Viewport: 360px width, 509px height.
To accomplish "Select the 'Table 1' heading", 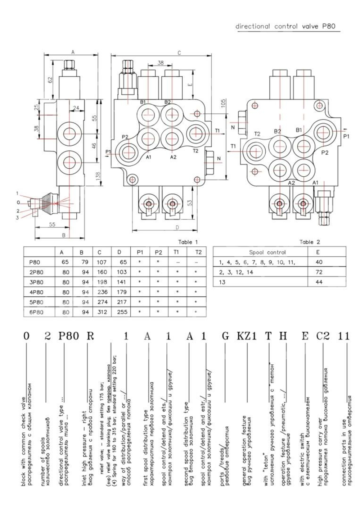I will pyautogui.click(x=188, y=242).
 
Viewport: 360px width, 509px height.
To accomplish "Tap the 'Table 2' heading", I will pyautogui.click(x=309, y=242).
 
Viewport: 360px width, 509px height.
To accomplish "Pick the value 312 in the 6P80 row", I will pyautogui.click(x=102, y=312).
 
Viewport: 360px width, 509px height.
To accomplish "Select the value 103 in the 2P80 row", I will pyautogui.click(x=122, y=272).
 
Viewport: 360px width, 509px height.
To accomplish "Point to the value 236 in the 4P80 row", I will pyautogui.click(x=102, y=292).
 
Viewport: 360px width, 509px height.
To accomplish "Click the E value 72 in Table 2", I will pyautogui.click(x=319, y=272).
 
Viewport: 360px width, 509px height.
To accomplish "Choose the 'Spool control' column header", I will pyautogui.click(x=267, y=253).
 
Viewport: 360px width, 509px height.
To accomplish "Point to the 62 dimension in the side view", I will pyautogui.click(x=50, y=79).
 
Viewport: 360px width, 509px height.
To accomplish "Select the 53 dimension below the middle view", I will pyautogui.click(x=190, y=202).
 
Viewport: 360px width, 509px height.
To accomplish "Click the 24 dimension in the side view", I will pyautogui.click(x=76, y=108).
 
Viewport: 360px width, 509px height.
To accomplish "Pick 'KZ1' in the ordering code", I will pyautogui.click(x=247, y=336).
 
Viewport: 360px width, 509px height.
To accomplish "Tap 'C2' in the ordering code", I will pyautogui.click(x=323, y=336).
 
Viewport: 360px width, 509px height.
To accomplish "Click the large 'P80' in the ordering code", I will pyautogui.click(x=69, y=336).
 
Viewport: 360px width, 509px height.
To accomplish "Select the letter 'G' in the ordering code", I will pyautogui.click(x=225, y=336).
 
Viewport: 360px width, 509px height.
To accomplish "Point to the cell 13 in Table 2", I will pyautogui.click(x=222, y=282).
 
